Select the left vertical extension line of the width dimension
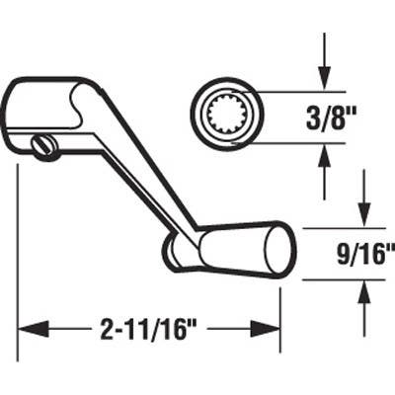pos(19,257)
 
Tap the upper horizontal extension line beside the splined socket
pos(296,91)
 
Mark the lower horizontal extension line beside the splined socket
pos(296,142)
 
